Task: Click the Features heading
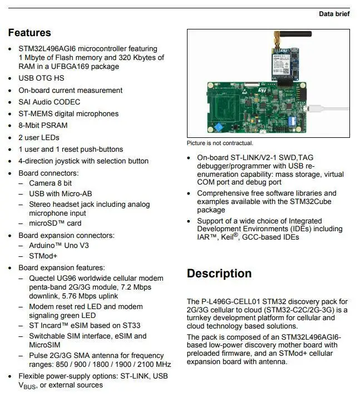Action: (29, 33)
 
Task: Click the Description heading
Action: (219, 273)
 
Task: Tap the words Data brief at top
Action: (334, 14)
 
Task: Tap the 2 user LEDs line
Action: (39, 137)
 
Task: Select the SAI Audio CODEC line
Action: (50, 102)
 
